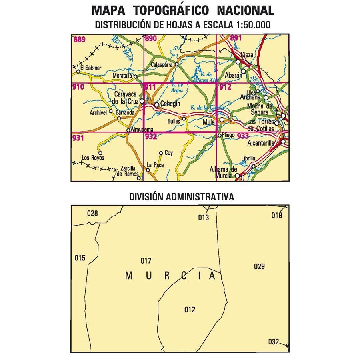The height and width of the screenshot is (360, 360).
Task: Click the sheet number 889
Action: (79, 39)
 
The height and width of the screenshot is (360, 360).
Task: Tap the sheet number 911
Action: (150, 87)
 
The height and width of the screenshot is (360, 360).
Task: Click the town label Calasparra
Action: (162, 65)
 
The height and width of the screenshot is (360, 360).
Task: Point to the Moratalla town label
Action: (122, 76)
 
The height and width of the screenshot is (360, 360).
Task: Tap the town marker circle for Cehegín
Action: (157, 105)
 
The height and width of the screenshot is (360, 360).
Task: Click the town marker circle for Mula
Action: (222, 120)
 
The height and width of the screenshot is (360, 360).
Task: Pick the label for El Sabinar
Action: (91, 68)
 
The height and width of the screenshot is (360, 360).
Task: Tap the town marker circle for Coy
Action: (161, 153)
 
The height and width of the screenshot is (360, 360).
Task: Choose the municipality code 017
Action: (146, 261)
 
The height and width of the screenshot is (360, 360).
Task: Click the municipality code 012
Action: (190, 309)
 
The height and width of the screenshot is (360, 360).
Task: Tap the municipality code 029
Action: (259, 267)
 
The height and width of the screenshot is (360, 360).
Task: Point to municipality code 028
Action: (92, 213)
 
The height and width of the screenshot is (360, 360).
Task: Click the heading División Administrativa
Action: (181, 197)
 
